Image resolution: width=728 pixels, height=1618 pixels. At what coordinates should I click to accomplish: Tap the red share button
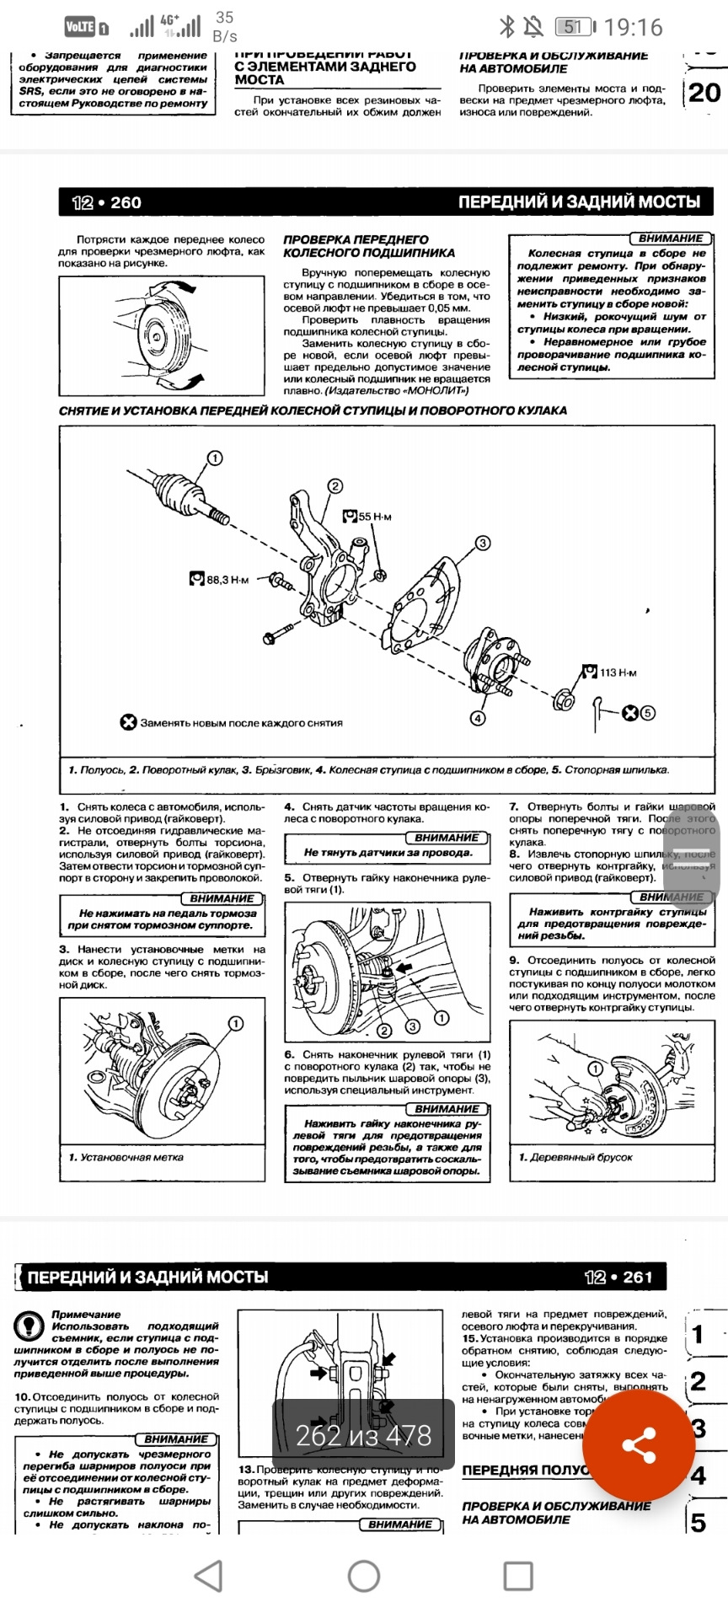point(640,1445)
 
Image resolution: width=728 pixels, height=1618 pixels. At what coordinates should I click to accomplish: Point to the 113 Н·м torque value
point(618,672)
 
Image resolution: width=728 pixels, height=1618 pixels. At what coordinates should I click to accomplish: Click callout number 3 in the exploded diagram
point(483,543)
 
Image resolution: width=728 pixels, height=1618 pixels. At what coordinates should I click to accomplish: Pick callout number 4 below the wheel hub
point(478,718)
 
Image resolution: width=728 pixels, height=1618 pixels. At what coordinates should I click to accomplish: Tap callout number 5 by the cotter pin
point(647,713)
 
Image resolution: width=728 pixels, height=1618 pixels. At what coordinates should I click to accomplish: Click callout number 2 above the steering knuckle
point(335,486)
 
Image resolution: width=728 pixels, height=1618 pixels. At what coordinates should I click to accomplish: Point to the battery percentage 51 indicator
point(573,28)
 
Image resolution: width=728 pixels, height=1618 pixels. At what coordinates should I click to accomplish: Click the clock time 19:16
point(633,28)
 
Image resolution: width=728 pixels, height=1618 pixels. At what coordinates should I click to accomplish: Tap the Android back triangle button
point(209,1575)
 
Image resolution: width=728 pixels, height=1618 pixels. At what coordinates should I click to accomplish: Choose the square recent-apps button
point(518,1575)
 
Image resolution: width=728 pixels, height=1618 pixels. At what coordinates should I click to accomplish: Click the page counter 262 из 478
point(363,1435)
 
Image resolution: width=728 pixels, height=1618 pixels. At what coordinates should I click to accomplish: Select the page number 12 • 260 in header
point(107,202)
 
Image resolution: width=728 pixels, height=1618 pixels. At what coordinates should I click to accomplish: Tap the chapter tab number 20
point(704,92)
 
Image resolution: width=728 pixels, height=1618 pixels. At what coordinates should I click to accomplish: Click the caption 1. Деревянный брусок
point(575,1157)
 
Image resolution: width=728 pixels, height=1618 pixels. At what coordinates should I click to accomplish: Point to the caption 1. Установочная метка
point(126,1157)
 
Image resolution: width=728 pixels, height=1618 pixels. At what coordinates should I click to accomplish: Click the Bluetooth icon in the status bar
point(506,28)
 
